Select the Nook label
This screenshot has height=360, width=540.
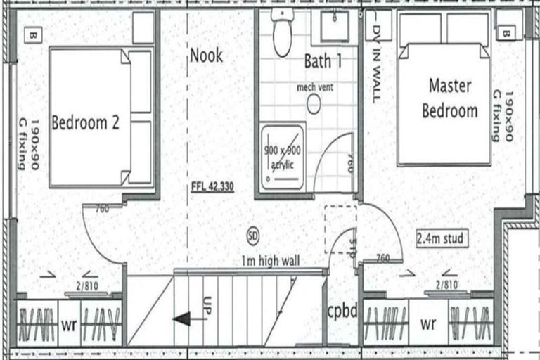pos(206,54)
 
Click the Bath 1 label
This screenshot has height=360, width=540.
pos(323,61)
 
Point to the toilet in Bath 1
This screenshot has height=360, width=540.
pos(283,35)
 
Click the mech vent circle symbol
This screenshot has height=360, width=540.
pos(314,104)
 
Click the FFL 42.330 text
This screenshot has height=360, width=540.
pos(212,187)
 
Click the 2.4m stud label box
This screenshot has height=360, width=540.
pos(441,239)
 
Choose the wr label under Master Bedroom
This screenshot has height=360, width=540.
pos(427,326)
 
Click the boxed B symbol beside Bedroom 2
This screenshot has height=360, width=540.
pos(32,34)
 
